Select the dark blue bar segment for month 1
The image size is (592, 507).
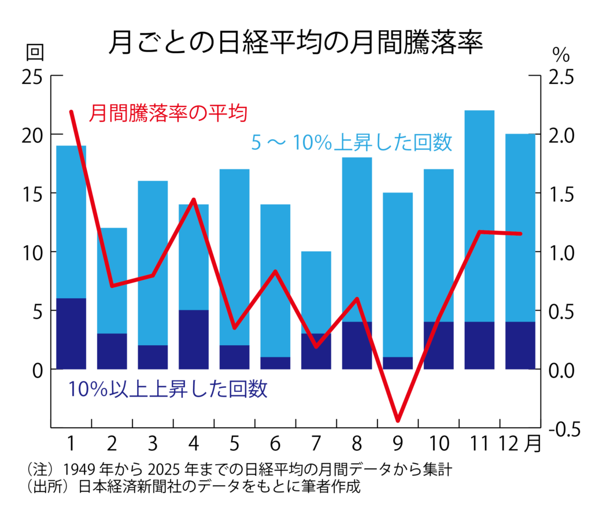(71, 334)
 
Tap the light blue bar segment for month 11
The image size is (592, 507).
(479, 216)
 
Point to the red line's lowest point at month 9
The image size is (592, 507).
(398, 420)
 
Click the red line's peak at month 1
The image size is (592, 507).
(71, 112)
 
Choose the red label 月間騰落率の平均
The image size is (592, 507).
(168, 113)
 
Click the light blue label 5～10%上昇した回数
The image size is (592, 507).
(351, 143)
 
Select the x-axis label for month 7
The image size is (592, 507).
(316, 444)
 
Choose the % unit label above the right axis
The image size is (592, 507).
(560, 55)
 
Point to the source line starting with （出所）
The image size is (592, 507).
(194, 487)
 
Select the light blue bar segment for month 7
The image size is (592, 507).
(316, 292)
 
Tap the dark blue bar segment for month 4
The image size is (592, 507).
(194, 339)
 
